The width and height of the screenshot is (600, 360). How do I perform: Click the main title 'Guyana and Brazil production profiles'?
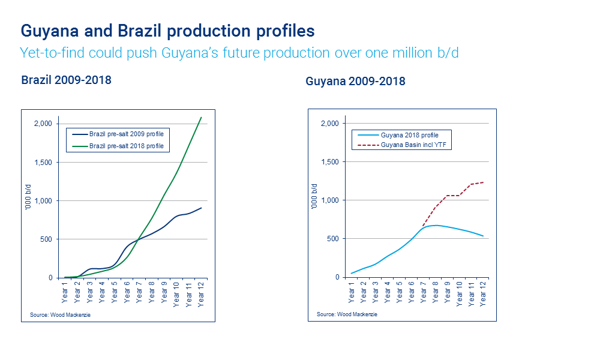167,31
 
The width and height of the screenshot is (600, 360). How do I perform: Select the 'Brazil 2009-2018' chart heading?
66,80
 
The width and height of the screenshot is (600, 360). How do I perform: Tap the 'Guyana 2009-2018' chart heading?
355,81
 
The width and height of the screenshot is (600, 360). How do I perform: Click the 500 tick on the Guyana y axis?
332,239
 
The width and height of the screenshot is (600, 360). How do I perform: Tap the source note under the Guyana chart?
347,314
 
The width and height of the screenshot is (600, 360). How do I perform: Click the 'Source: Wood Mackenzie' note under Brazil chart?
59,315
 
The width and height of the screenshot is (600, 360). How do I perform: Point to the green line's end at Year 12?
201,117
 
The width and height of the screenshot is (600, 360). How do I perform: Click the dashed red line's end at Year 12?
484,182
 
